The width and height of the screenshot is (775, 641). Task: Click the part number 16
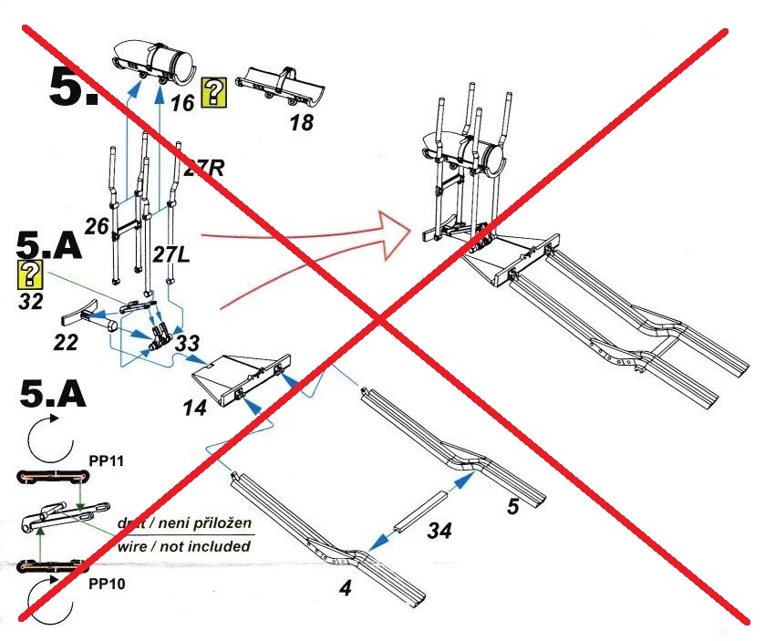click(182, 103)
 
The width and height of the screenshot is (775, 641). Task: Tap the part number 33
click(188, 343)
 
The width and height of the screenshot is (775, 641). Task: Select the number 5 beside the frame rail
click(512, 506)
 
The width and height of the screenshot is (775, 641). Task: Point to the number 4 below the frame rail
click(345, 588)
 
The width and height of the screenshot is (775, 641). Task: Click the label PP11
click(106, 460)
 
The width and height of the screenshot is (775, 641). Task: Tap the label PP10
click(108, 584)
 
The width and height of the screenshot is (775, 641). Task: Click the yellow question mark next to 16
click(213, 92)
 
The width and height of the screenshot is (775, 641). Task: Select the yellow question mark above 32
click(32, 273)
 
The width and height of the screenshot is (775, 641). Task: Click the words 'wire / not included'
click(183, 546)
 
